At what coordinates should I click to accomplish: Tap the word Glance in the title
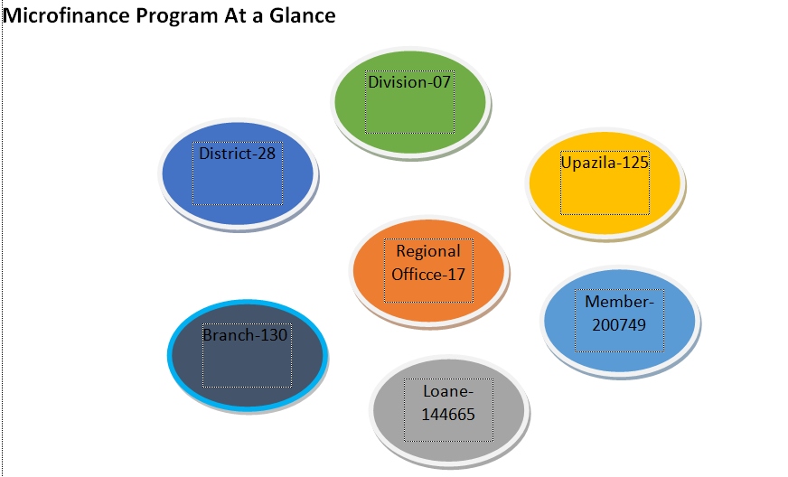pos(302,15)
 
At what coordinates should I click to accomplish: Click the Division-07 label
pos(409,82)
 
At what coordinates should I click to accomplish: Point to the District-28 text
pos(237,154)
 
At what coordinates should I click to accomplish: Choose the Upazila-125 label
pos(605,163)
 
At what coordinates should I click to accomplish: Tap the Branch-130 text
pos(244,335)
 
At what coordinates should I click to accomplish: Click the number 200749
pos(619,323)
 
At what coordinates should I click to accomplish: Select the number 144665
pos(447,414)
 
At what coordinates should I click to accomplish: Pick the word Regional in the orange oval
pos(428,251)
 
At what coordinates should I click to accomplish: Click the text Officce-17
pos(428,272)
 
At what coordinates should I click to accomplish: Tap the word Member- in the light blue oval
pos(619,302)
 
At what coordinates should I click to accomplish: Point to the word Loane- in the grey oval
pos(447,393)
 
